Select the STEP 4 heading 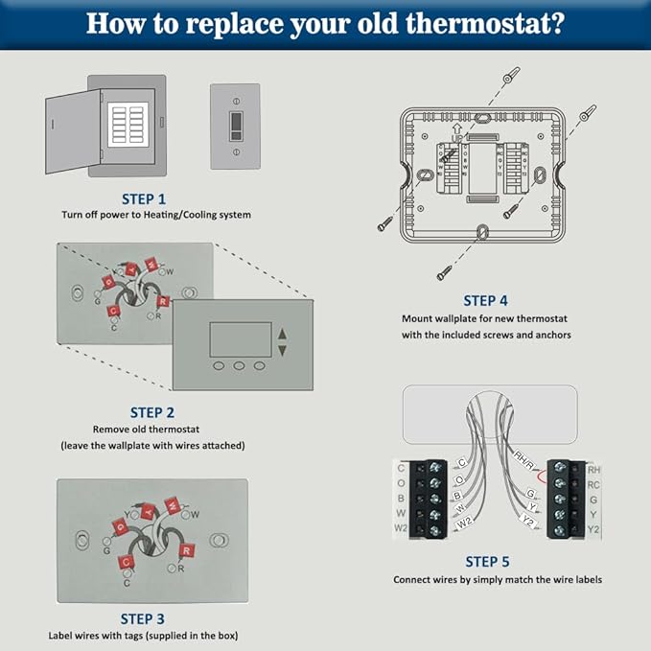pos(486,301)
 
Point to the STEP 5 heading pos(486,562)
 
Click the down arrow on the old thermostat pos(282,350)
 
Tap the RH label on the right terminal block pos(593,470)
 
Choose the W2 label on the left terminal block pos(401,528)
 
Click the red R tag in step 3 pos(187,550)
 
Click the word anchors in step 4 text pos(549,335)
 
